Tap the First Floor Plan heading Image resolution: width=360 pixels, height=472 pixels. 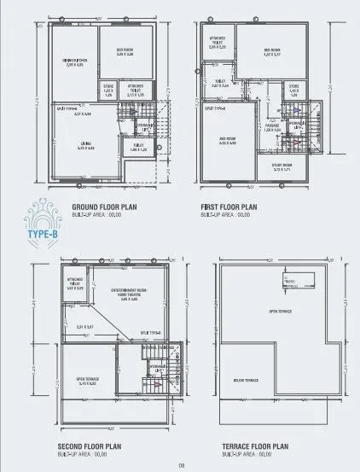click(229, 207)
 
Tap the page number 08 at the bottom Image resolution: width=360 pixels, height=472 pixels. click(181, 464)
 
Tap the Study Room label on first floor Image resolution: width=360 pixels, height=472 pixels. click(283, 168)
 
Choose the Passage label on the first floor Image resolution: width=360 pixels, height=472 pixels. click(272, 128)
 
